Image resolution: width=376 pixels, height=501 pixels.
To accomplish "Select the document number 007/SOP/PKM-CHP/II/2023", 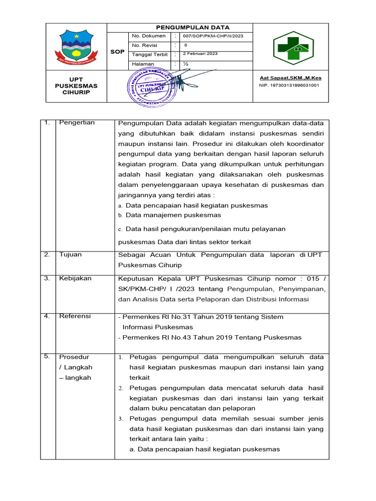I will coord(212,36).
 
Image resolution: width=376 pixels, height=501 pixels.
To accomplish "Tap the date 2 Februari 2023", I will coord(201,54).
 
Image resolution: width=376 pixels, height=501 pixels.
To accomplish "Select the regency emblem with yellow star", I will coord(76,47).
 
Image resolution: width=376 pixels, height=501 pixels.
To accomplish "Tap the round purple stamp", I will coord(152,86).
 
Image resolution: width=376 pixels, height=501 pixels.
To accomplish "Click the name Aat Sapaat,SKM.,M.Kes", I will coord(290,78).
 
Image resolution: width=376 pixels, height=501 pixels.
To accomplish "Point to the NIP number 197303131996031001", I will coord(289,85).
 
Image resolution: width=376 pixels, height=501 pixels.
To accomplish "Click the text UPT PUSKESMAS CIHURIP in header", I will coord(76,86).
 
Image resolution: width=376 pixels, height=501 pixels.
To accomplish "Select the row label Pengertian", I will coord(77,123).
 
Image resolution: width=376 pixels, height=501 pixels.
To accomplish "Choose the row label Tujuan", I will coord(70,254).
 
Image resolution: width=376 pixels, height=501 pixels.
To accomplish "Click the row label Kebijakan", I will coord(75,278).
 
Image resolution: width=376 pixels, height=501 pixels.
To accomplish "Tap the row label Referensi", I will coord(75,317).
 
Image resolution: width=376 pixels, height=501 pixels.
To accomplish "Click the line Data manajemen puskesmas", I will coord(173,215).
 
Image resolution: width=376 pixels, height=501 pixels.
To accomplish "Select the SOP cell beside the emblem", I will coord(117,51).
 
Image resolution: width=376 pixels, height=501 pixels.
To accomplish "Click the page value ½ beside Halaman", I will coord(186,64).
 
